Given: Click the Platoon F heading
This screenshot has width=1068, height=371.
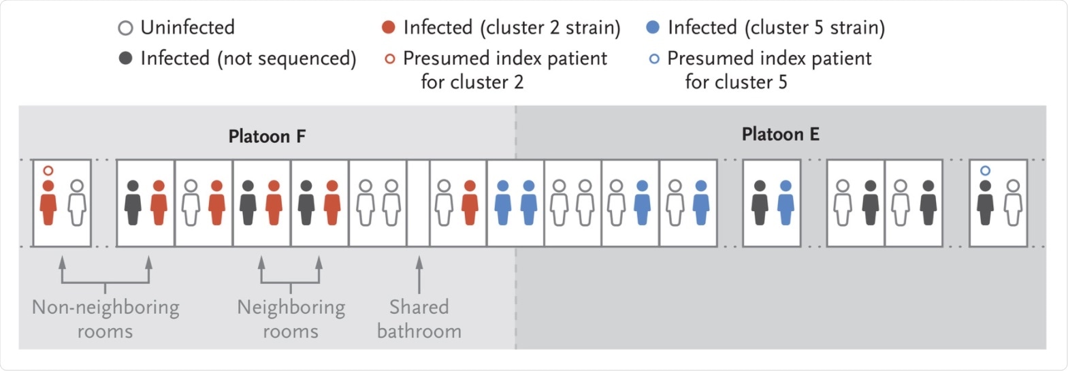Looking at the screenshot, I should tap(267, 136).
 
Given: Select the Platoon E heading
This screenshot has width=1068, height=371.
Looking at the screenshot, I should tap(780, 134).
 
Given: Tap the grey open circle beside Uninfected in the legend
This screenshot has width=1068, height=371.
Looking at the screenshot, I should tap(125, 28).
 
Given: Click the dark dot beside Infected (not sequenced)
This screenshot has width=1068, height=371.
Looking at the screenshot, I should tap(125, 59).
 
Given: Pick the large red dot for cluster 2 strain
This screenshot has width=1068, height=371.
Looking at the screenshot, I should tap(388, 28).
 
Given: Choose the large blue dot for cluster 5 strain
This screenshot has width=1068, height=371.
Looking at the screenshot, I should tap(652, 28).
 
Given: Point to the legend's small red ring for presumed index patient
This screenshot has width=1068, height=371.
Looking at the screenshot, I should tap(389, 59).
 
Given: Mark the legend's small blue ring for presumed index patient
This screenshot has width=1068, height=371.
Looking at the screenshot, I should tap(653, 59).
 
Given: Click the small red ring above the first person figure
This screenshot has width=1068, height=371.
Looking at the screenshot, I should tap(48, 171).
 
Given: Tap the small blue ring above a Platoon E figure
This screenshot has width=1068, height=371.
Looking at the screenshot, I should tap(984, 171).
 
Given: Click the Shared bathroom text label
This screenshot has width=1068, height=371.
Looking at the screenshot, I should tap(419, 319).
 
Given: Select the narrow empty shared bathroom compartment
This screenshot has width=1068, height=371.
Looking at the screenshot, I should tap(418, 203).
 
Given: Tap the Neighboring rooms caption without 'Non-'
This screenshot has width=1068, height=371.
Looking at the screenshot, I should tap(291, 319).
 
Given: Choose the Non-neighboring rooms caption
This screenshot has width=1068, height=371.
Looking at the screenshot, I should tap(106, 319).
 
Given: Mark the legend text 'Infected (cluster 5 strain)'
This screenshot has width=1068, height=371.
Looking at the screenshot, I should tap(776, 28).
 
